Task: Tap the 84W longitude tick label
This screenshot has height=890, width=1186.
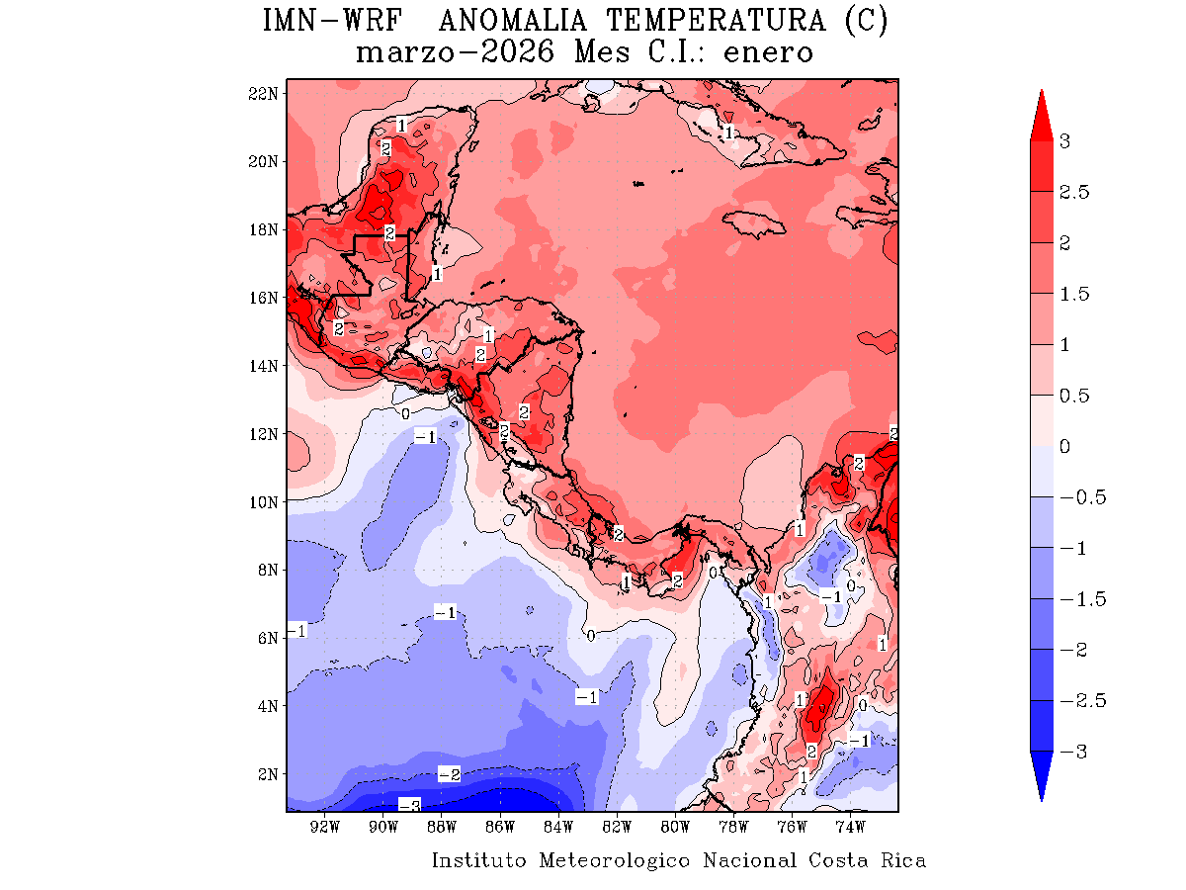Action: [x=558, y=827]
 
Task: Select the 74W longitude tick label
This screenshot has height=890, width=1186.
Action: [x=850, y=827]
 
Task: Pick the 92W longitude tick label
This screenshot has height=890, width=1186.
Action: [x=325, y=827]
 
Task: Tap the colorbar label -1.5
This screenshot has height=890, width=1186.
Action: [x=1078, y=599]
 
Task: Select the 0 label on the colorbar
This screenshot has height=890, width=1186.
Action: [x=1064, y=447]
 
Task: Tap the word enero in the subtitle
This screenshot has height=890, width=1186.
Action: [x=768, y=52]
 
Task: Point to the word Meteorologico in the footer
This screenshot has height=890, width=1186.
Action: [x=615, y=860]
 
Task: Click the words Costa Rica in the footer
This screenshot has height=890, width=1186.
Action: [x=867, y=860]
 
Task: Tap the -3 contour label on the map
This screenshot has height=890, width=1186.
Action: [x=409, y=805]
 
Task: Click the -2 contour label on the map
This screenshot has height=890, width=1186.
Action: [x=450, y=774]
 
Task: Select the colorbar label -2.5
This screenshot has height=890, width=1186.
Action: [x=1078, y=701]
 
